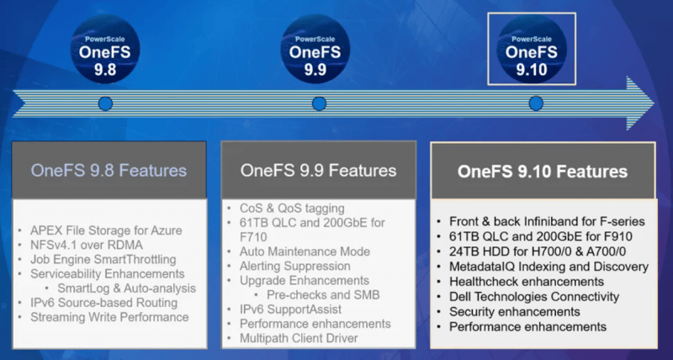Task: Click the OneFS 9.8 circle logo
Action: pos(105,49)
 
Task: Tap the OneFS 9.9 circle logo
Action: pos(315,49)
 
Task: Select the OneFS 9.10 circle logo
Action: pos(532,49)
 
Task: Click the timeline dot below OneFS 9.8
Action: pos(105,103)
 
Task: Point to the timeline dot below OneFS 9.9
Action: pos(319,103)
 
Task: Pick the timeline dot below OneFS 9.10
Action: pos(536,103)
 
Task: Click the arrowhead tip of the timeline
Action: pos(654,103)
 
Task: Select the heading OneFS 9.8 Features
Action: pos(109,171)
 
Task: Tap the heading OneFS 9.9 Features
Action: pos(319,171)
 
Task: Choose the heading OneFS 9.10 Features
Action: pos(543,172)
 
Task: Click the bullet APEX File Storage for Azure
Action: pos(106,230)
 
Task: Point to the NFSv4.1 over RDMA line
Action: pos(87,245)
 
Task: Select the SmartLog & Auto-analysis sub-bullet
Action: pos(127,288)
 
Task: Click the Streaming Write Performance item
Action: pos(109,317)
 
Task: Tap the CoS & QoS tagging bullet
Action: pos(292,209)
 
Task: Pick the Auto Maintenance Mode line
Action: pos(305,251)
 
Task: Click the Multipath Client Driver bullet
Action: pos(299,338)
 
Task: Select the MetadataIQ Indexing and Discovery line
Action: pos(548,267)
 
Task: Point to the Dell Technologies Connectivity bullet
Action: pos(534,297)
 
